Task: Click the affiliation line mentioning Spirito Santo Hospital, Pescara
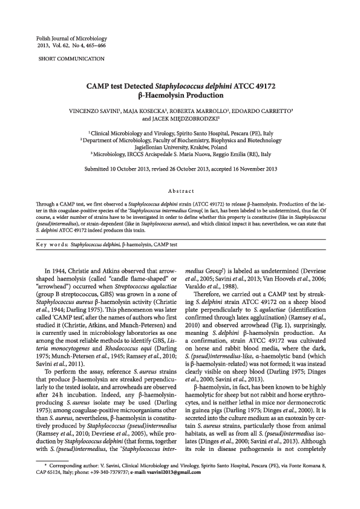182,132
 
